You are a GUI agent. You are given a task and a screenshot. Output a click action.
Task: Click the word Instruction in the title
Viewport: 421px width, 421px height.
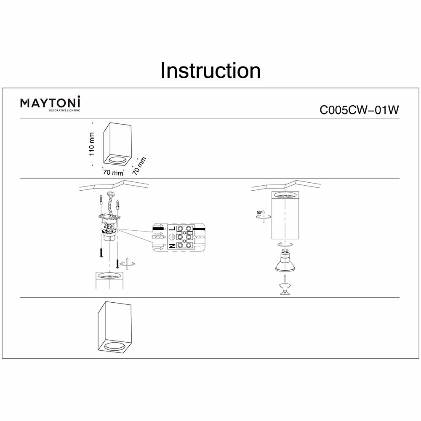click(x=210, y=71)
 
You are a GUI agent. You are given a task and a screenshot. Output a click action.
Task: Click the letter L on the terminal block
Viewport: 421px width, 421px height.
click(x=172, y=229)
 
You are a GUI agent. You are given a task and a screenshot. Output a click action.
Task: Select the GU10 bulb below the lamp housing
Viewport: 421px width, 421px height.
click(x=285, y=261)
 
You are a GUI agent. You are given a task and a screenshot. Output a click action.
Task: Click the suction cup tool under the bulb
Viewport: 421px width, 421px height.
click(x=285, y=289)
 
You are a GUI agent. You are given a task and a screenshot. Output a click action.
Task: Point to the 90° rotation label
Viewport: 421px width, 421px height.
click(x=258, y=214)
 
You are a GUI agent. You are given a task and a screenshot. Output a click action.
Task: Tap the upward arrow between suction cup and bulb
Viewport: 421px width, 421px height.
click(x=285, y=277)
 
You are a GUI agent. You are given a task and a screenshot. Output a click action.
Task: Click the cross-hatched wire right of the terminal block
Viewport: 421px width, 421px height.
click(x=201, y=239)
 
